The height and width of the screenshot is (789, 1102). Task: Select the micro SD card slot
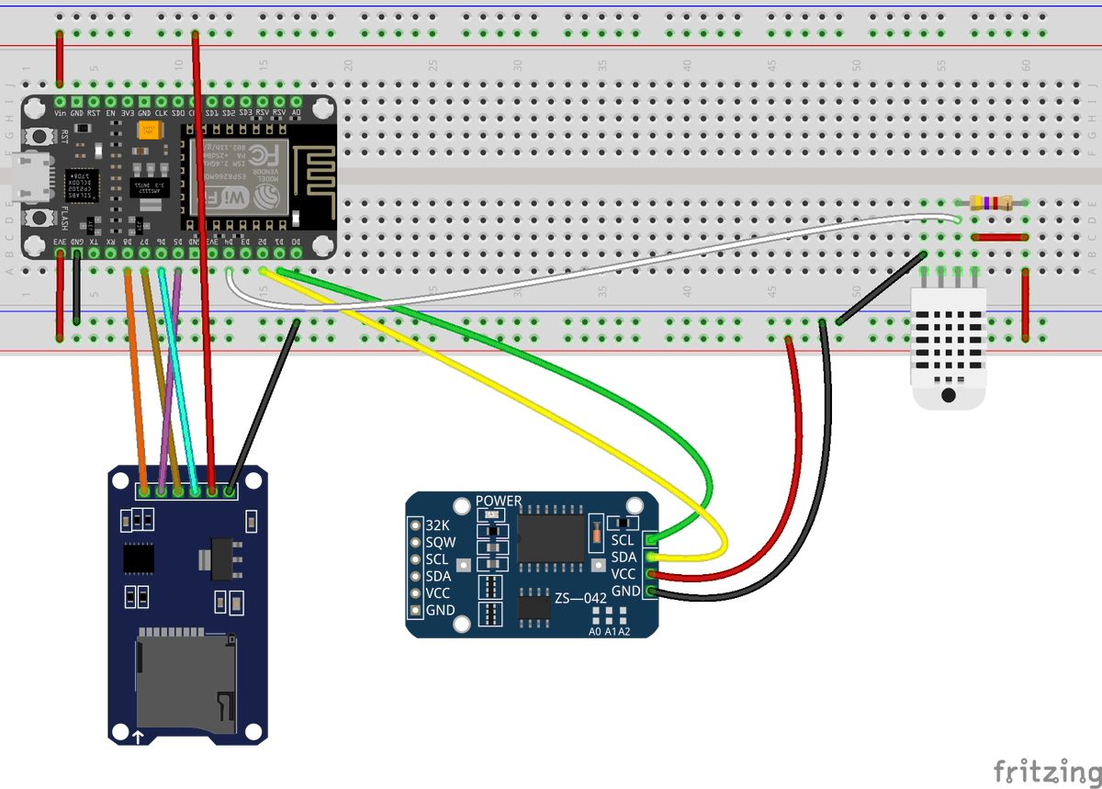(184, 680)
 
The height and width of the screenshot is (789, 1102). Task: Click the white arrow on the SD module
(139, 736)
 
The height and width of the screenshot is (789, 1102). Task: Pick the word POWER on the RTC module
(499, 502)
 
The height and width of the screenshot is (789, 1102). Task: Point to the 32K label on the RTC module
(438, 525)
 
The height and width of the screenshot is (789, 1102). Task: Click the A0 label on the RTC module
(594, 632)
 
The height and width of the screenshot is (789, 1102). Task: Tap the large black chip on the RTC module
(551, 538)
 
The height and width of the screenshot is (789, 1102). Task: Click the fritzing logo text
(1046, 768)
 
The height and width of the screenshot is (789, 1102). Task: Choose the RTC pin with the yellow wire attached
(652, 557)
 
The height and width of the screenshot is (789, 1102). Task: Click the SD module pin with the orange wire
(144, 491)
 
